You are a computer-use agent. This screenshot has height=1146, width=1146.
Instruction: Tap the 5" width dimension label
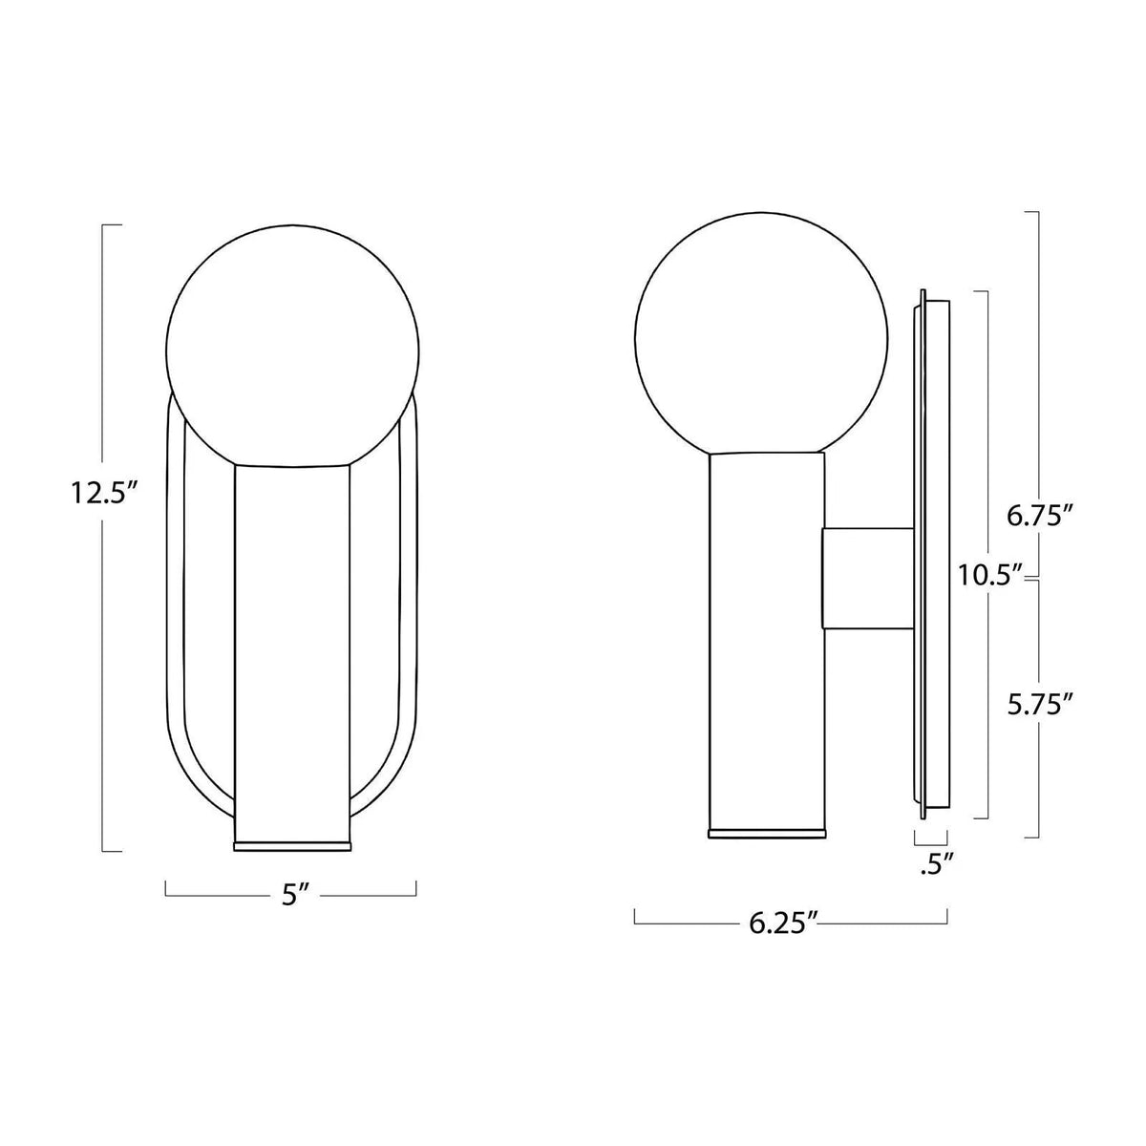[x=291, y=896]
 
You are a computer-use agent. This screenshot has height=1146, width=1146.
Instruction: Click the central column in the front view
[x=292, y=649]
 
